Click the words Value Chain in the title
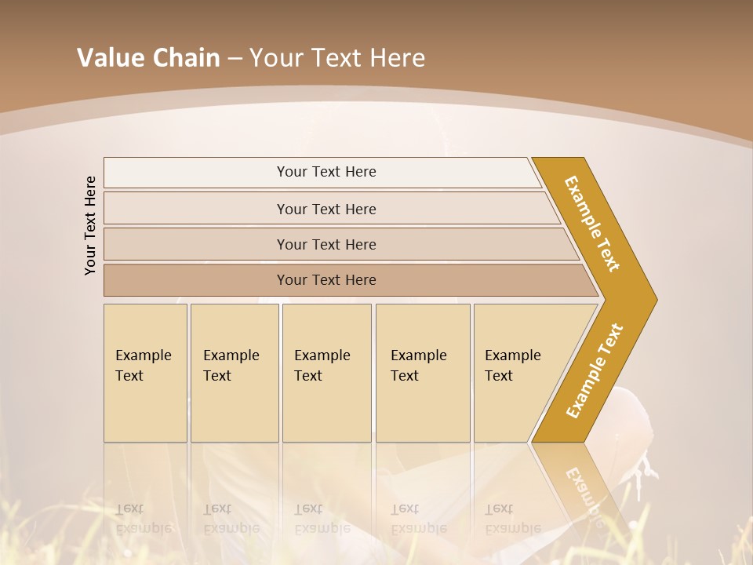[148, 58]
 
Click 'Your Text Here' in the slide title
[337, 58]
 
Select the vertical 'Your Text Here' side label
[91, 226]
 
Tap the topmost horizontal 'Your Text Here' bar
[326, 172]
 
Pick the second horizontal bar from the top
[326, 210]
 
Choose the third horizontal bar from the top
[326, 245]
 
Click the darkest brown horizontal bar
[326, 280]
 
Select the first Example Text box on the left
[145, 372]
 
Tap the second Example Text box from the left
[234, 372]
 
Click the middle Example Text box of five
[326, 372]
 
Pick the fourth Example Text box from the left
[422, 372]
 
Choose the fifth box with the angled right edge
[518, 372]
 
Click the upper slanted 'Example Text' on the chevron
[593, 224]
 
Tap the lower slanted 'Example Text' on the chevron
[595, 370]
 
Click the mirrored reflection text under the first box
[144, 519]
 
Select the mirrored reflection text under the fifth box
[513, 519]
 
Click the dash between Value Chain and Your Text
[235, 59]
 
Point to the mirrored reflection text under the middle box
[322, 519]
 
